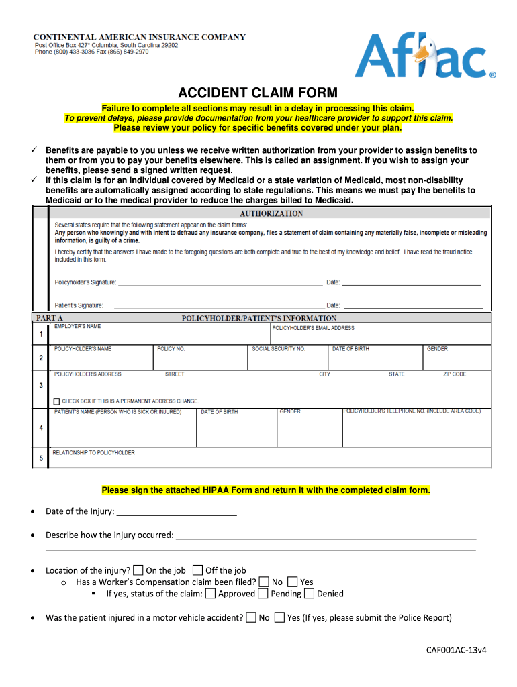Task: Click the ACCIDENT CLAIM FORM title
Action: [258, 93]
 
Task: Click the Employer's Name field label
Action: [78, 327]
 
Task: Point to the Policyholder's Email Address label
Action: [314, 328]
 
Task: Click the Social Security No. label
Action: [279, 349]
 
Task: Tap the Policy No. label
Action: [171, 349]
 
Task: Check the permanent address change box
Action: [57, 401]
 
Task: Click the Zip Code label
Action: [455, 374]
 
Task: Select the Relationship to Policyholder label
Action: [94, 453]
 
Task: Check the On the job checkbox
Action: [138, 570]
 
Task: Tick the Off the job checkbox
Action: [197, 570]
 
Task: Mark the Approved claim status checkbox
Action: [211, 594]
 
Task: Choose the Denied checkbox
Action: [309, 594]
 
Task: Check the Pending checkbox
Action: [264, 594]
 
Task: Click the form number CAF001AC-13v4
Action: [456, 650]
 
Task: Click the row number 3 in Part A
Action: [41, 386]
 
